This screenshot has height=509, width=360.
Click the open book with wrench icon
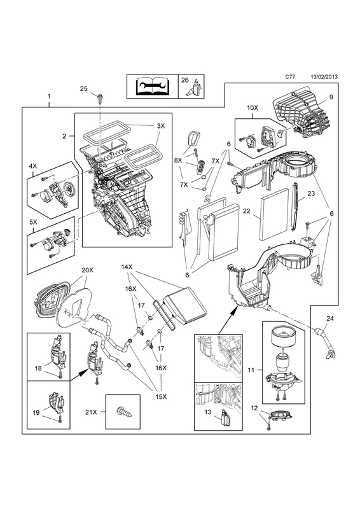point(152,86)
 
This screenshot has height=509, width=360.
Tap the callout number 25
point(84,88)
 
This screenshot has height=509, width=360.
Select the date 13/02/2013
point(324,77)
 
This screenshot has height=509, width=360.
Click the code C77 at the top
point(290,77)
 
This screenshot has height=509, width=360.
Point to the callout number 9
point(331,97)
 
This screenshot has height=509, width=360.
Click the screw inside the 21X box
point(123,412)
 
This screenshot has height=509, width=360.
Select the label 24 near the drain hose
point(329,319)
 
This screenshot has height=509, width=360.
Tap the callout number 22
point(247,211)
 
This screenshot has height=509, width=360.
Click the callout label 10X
point(253,108)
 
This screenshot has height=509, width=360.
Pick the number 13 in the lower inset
point(208,412)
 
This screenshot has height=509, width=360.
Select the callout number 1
point(49,96)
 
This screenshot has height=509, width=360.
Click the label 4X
point(33,165)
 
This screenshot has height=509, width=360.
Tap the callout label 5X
point(33,223)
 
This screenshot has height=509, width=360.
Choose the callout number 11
point(251,370)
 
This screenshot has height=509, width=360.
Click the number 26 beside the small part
point(184,80)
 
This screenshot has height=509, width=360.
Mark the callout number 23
point(311,193)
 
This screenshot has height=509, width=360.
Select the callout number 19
point(36,412)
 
